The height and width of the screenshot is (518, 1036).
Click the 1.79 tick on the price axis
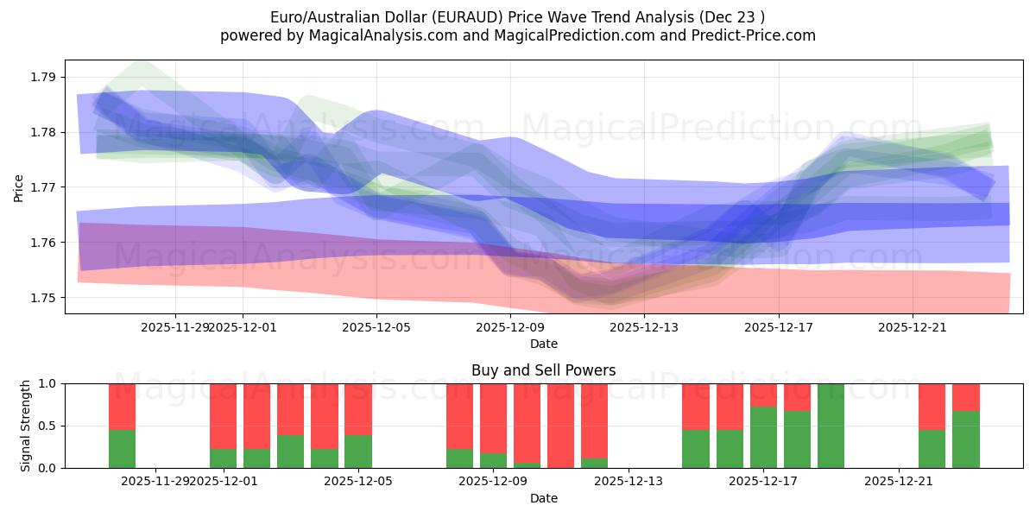point(42,77)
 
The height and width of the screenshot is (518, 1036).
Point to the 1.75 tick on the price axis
point(42,298)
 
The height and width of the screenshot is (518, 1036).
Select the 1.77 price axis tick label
point(42,187)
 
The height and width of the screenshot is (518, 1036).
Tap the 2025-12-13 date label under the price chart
point(645,327)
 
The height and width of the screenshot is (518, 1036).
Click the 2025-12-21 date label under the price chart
point(913,327)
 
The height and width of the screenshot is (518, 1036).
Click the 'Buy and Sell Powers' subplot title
point(543,370)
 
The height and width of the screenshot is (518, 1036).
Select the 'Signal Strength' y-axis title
point(26,426)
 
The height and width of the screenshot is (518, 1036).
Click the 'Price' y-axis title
point(18,187)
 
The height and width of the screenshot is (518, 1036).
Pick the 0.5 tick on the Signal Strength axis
point(48,426)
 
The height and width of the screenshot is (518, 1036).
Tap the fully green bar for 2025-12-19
point(831,426)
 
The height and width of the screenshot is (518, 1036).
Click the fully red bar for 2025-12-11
point(560,426)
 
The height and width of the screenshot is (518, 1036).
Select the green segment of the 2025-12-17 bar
point(763,438)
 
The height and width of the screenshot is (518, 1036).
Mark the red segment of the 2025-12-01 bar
point(223,415)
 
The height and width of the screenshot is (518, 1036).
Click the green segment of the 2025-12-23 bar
point(966,439)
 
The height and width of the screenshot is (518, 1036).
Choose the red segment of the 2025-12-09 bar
point(493,418)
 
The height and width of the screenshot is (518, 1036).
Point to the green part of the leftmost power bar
point(122,449)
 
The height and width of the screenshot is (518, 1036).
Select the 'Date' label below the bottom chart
point(543,498)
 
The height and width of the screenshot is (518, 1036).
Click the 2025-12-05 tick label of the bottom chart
point(357,481)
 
